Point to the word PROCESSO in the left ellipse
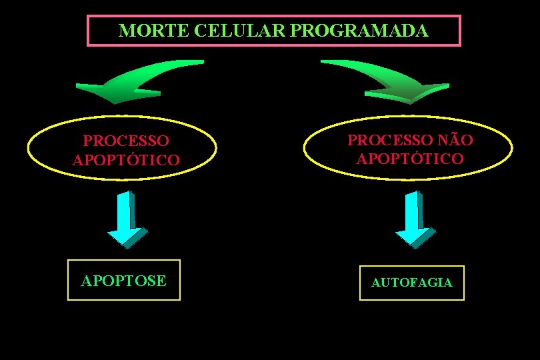click(126, 141)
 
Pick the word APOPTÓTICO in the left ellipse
click(126, 161)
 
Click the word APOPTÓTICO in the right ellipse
click(410, 159)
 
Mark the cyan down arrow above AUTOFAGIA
click(414, 220)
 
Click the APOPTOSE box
click(124, 281)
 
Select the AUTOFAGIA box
click(411, 283)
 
